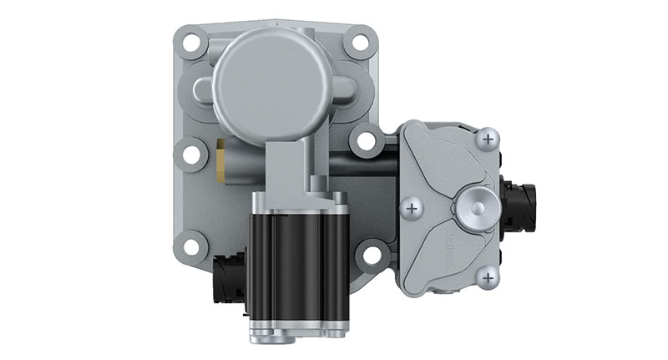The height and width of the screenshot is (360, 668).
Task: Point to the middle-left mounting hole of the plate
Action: [190, 154]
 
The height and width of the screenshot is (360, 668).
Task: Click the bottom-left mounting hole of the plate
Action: [191, 247]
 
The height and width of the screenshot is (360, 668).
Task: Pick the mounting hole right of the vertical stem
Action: [365, 139]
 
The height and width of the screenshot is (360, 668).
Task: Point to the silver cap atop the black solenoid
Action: [297, 203]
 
